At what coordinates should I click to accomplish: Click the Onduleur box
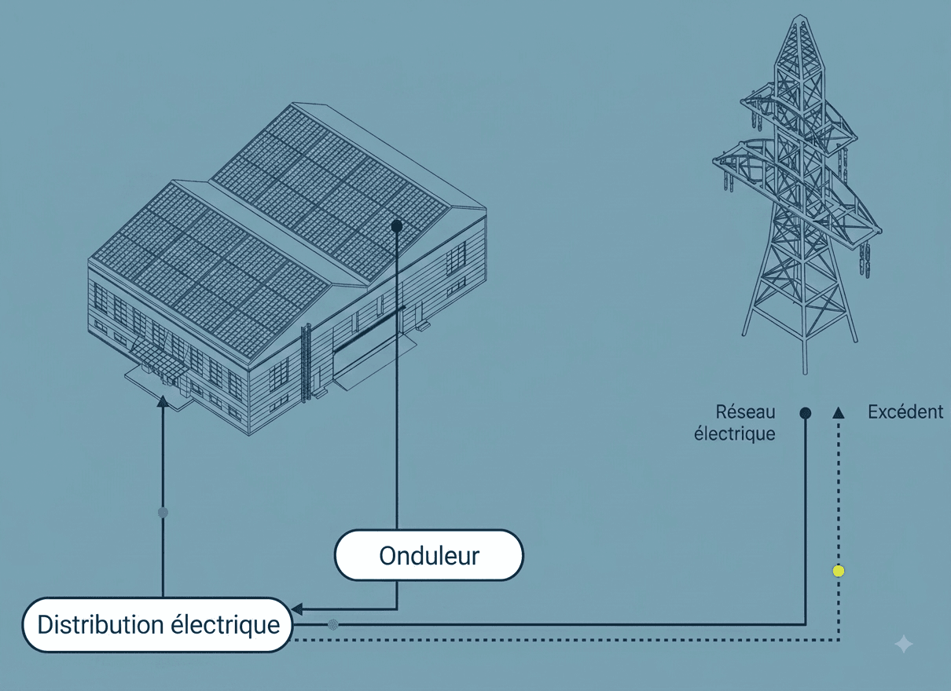point(429,555)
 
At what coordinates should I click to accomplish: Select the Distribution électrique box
point(158,625)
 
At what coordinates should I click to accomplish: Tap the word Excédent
point(905,412)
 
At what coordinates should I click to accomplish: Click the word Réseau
point(745,412)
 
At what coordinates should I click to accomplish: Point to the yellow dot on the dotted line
point(838,571)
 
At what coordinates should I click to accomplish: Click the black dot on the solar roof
point(397,226)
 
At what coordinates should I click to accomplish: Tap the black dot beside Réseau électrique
point(805,413)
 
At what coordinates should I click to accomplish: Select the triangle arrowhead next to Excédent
point(838,413)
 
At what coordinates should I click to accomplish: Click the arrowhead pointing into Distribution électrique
point(297,609)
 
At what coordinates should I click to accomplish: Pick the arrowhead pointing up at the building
point(163,402)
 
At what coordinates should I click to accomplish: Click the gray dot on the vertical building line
point(163,513)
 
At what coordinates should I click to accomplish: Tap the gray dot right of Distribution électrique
point(333,624)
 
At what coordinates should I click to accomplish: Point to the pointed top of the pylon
point(801,17)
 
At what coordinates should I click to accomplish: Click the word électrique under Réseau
point(735,434)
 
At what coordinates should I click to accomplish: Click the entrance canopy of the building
point(160,361)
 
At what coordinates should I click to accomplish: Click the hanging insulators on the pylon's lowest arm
point(865,260)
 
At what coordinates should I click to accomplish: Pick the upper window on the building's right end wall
point(456,257)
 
